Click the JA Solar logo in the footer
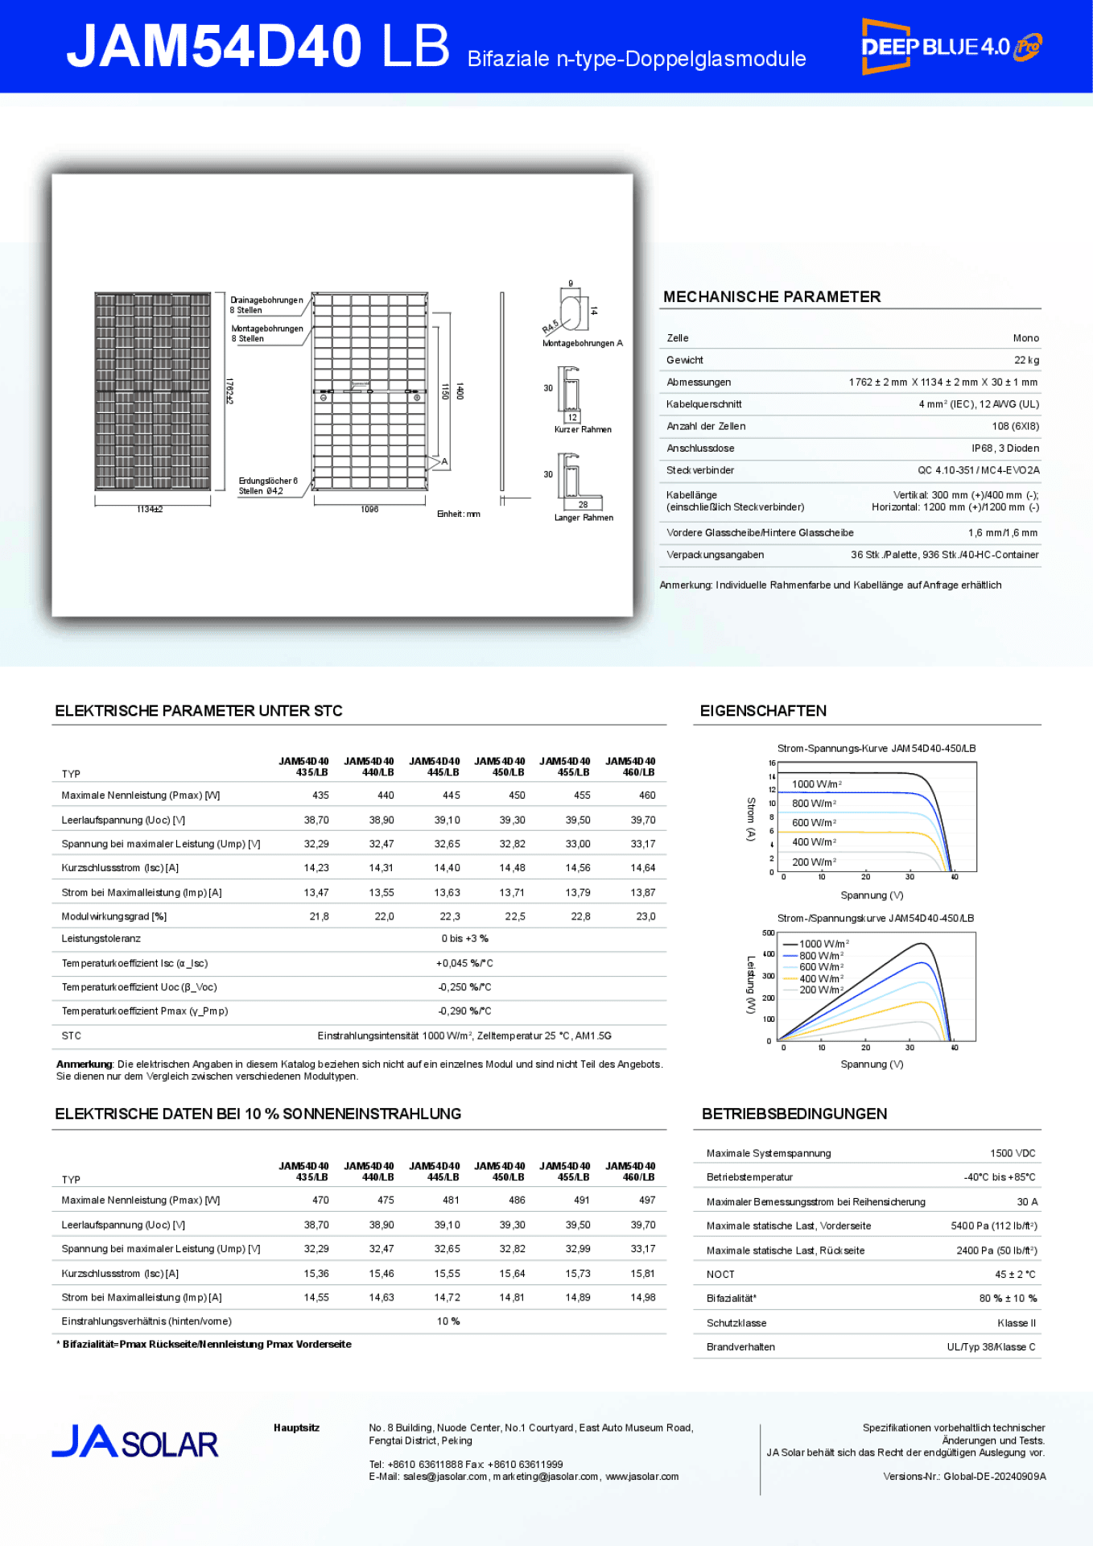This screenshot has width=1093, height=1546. tap(134, 1443)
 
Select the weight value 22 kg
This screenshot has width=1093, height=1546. tap(1026, 360)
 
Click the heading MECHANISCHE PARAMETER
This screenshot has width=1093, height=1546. tap(771, 297)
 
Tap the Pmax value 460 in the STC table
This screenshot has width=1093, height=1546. tap(646, 796)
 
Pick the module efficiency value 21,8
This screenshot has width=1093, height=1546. tap(319, 916)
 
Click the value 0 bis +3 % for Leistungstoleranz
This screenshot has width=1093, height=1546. tap(464, 939)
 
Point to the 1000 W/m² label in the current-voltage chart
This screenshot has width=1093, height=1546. tap(816, 784)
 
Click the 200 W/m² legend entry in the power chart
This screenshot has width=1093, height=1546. tap(820, 990)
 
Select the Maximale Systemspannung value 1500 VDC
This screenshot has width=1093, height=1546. tap(1013, 1154)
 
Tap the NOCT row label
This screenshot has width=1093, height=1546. tap(720, 1275)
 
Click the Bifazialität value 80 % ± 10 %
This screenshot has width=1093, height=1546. tap(1008, 1299)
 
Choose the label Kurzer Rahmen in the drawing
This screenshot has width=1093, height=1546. tap(583, 430)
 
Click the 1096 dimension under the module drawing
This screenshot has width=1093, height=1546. tap(369, 510)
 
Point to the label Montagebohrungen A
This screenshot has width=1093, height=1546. tap(583, 344)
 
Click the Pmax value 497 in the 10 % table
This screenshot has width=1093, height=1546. tap(646, 1201)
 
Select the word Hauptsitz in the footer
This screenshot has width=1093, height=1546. tap(296, 1428)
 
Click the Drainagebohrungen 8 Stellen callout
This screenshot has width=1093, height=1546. tap(266, 305)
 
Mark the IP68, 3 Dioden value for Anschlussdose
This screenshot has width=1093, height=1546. tap(1004, 449)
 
